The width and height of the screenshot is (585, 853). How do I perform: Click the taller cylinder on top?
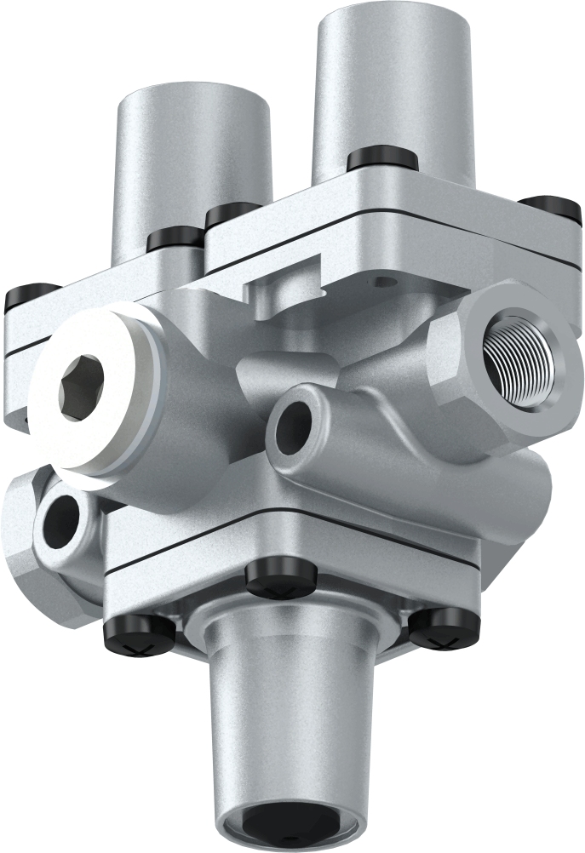tap(391, 85)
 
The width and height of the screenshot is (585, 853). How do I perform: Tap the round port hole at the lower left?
tap(61, 521)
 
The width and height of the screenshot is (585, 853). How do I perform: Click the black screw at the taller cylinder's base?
tap(382, 158)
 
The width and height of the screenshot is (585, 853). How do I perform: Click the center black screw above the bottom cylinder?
tap(280, 579)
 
